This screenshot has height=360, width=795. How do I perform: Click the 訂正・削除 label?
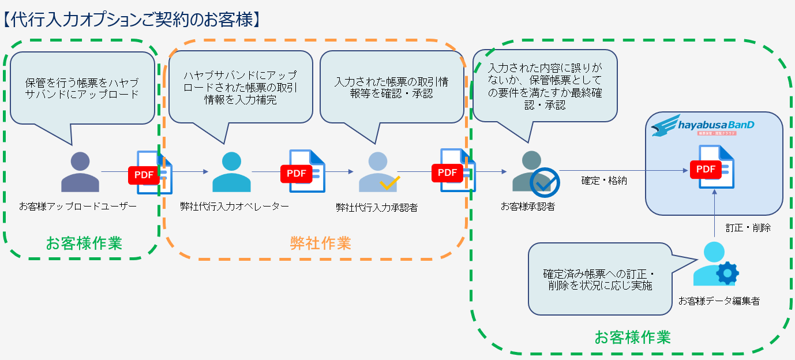point(748,228)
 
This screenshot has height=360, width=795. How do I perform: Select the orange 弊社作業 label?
point(320,243)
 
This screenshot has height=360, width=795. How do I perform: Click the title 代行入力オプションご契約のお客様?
point(133,19)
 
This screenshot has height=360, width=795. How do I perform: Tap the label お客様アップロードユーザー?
point(77,207)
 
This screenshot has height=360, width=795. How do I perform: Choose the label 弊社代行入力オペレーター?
point(234,207)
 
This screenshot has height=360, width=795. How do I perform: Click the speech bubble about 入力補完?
point(241,87)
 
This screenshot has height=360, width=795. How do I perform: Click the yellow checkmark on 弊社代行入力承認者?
point(389,183)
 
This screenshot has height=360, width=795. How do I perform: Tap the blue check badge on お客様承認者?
point(544,182)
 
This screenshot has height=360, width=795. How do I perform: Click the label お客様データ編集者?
point(718,301)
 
